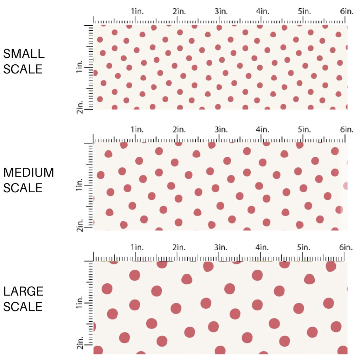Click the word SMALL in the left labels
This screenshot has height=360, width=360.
pos(24,54)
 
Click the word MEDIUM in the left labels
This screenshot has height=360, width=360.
pos(29,173)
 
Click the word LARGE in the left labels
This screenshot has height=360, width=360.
pos(24,291)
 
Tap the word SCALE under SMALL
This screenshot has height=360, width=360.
pos(23,69)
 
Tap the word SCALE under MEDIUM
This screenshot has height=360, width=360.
pos(23,188)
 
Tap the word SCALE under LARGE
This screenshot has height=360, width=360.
pos(23,306)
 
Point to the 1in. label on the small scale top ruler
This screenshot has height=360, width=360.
pos(138,11)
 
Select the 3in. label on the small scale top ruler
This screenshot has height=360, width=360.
pos(221,11)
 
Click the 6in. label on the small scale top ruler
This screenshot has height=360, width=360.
pos(347,11)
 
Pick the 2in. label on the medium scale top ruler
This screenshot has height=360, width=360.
pos(179,130)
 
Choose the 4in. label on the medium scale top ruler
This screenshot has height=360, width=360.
pos(263,130)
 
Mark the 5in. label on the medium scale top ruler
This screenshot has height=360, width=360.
pos(304,130)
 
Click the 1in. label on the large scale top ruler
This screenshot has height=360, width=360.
pos(138,247)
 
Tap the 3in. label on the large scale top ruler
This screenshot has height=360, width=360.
pos(221,247)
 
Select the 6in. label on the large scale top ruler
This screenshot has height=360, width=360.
pos(347,247)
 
